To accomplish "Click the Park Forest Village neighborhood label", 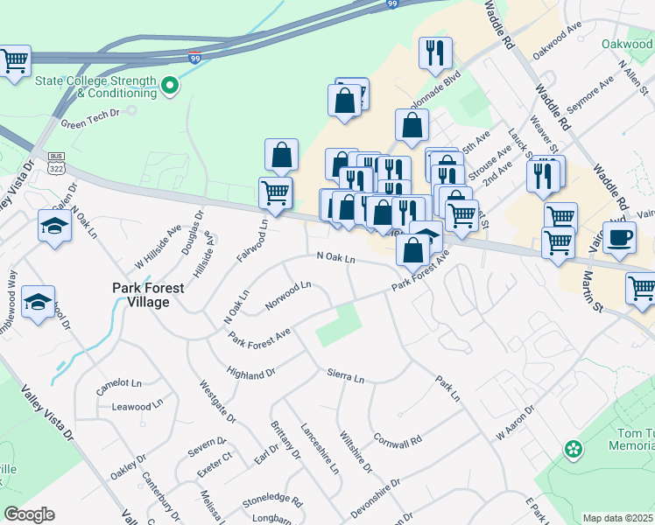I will pos(140,294).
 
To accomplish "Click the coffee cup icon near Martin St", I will pos(619,238).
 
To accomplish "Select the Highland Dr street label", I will pos(250,374).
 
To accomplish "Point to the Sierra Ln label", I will pos(345,377).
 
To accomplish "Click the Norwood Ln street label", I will pos(289,296).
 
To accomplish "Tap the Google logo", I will pos(29,514).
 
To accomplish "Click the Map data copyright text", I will pos(618,518).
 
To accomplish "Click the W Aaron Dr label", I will pos(514,422).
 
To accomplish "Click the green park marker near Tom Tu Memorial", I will pos(573,450).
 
